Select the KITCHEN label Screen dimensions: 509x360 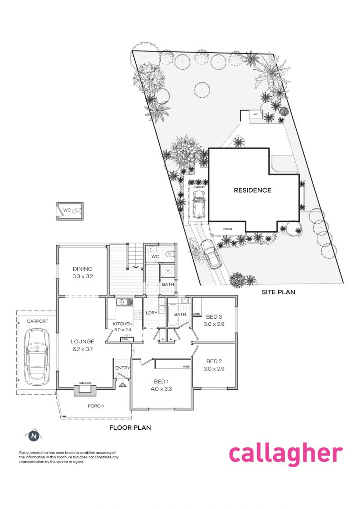(122, 324)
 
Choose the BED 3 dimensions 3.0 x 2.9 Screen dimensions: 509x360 (214, 324)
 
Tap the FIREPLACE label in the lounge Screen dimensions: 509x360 (85, 383)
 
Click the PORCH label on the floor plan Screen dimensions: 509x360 (95, 406)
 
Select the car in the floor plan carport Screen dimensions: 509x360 (36, 356)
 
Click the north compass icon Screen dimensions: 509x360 (33, 436)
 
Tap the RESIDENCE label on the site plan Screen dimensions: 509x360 (252, 190)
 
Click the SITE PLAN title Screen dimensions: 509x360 (279, 292)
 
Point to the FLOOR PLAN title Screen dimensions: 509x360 (130, 428)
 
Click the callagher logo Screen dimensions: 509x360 (286, 454)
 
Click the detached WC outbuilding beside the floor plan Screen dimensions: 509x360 (69, 211)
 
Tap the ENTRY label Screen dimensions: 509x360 (122, 368)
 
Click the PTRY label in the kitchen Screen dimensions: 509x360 (125, 339)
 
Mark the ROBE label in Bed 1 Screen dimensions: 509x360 (186, 367)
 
